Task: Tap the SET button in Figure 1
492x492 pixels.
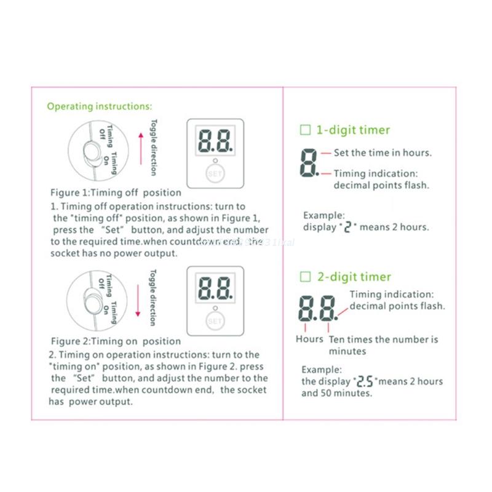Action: click(x=215, y=173)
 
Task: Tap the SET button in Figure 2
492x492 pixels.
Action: click(x=215, y=320)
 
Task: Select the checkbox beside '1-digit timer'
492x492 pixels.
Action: click(x=305, y=130)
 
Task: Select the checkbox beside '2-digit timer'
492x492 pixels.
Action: click(x=305, y=277)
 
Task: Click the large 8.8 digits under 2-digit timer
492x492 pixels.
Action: click(x=318, y=307)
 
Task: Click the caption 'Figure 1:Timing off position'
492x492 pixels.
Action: click(x=116, y=192)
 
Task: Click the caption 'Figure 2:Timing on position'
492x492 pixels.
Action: click(x=116, y=341)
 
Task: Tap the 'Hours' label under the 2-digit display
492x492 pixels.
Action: click(x=309, y=339)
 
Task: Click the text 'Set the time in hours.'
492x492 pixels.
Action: click(x=383, y=153)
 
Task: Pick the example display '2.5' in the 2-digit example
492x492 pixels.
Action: click(x=363, y=381)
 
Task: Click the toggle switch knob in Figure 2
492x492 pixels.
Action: click(x=91, y=303)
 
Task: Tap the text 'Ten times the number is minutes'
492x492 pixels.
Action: click(x=383, y=345)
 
